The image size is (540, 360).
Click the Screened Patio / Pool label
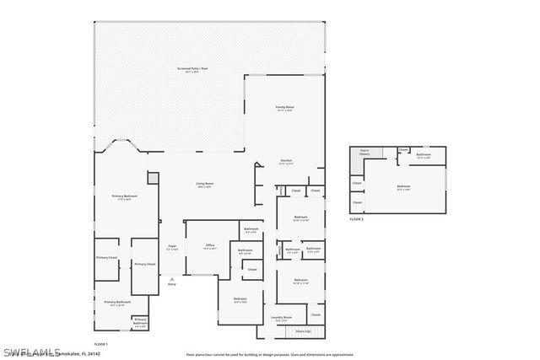[x=193, y=69]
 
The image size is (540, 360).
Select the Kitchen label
[x=286, y=161]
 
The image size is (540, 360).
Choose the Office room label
[x=210, y=246]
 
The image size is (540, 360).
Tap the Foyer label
[x=172, y=247]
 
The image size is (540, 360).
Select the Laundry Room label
[x=282, y=318]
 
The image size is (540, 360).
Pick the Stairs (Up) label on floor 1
[x=303, y=332]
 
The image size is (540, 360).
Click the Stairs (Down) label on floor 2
[x=364, y=153]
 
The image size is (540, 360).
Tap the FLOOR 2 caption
[x=356, y=218]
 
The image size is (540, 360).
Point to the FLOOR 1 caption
[x=100, y=344]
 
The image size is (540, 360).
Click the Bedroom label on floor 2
[x=403, y=187]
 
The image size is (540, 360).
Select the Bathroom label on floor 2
[x=424, y=154]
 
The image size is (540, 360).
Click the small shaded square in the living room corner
[x=152, y=178]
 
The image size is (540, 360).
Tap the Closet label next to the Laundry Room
[x=316, y=314]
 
